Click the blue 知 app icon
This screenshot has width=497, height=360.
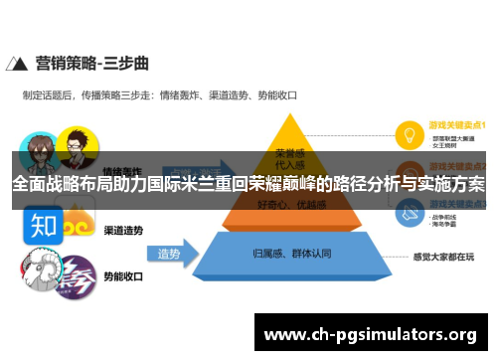click(x=42, y=225)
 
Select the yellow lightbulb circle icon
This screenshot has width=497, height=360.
click(x=408, y=133)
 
